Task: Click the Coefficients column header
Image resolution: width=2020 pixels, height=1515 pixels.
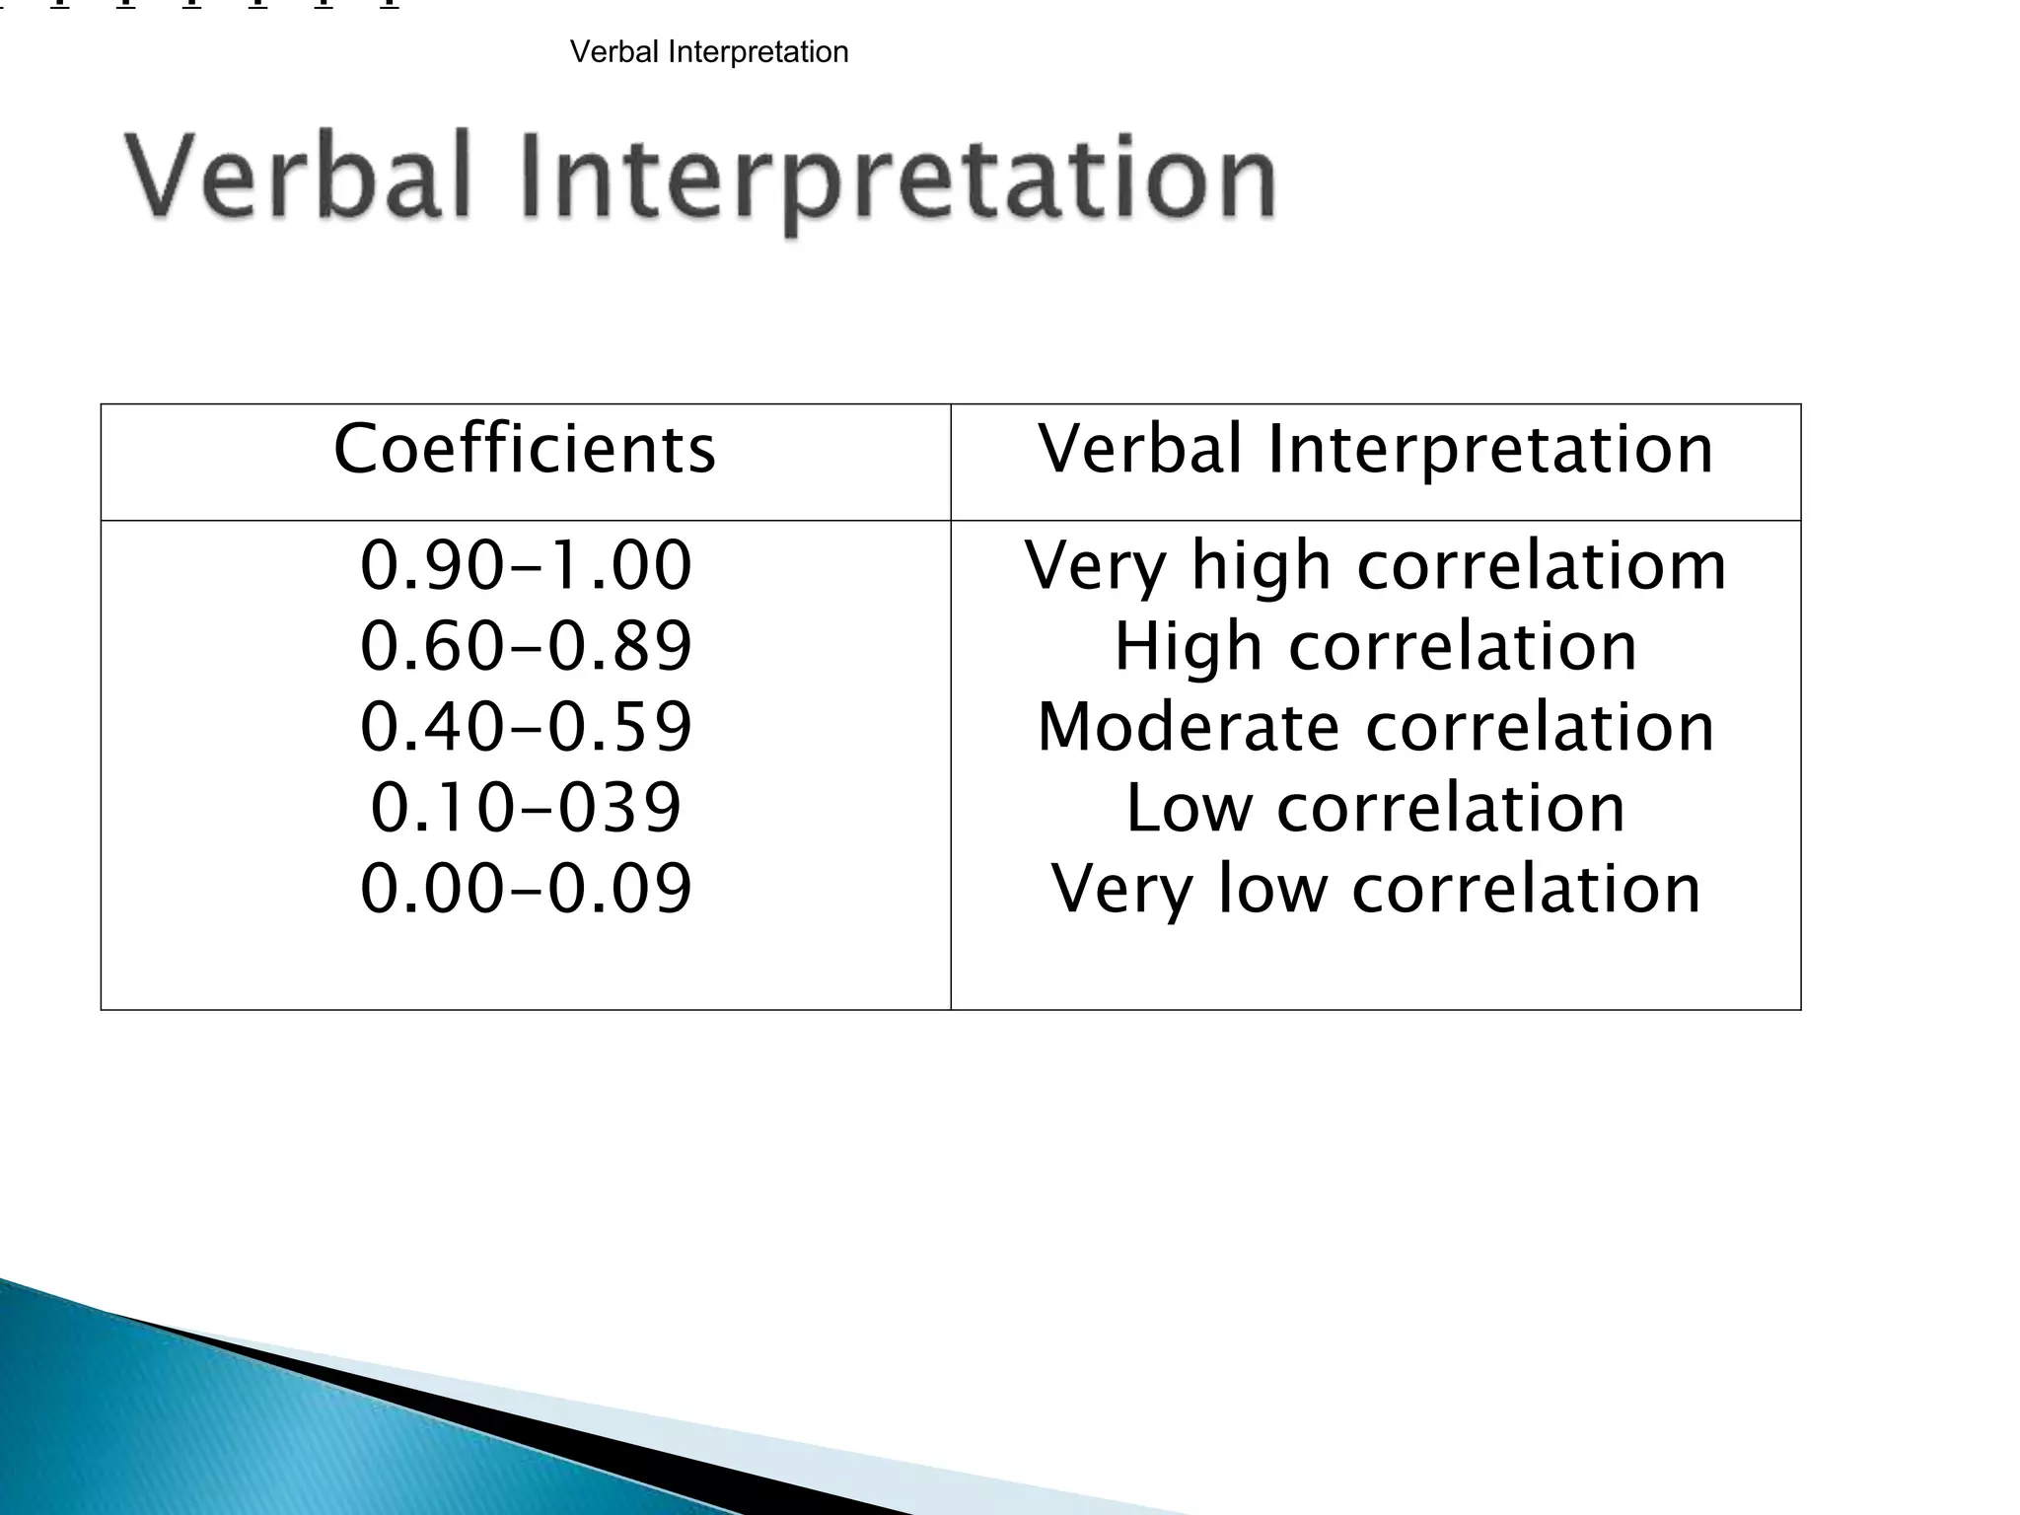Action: pos(524,450)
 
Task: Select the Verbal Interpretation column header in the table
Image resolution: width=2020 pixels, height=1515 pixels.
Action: pos(1375,450)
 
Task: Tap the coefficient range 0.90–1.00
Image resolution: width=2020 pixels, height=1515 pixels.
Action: pos(526,565)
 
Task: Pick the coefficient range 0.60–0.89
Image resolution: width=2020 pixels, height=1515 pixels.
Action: pos(526,646)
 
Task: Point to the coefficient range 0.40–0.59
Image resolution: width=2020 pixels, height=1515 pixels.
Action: pos(526,727)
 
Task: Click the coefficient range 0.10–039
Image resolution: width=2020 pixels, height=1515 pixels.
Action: pos(526,808)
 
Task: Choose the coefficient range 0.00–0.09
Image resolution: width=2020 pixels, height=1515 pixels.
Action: pos(526,889)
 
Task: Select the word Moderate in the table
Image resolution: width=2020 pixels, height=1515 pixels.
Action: pos(1188,728)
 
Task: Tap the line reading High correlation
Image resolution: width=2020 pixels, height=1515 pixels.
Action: pos(1375,647)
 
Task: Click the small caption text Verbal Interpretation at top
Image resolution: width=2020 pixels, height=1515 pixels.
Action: pos(709,52)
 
